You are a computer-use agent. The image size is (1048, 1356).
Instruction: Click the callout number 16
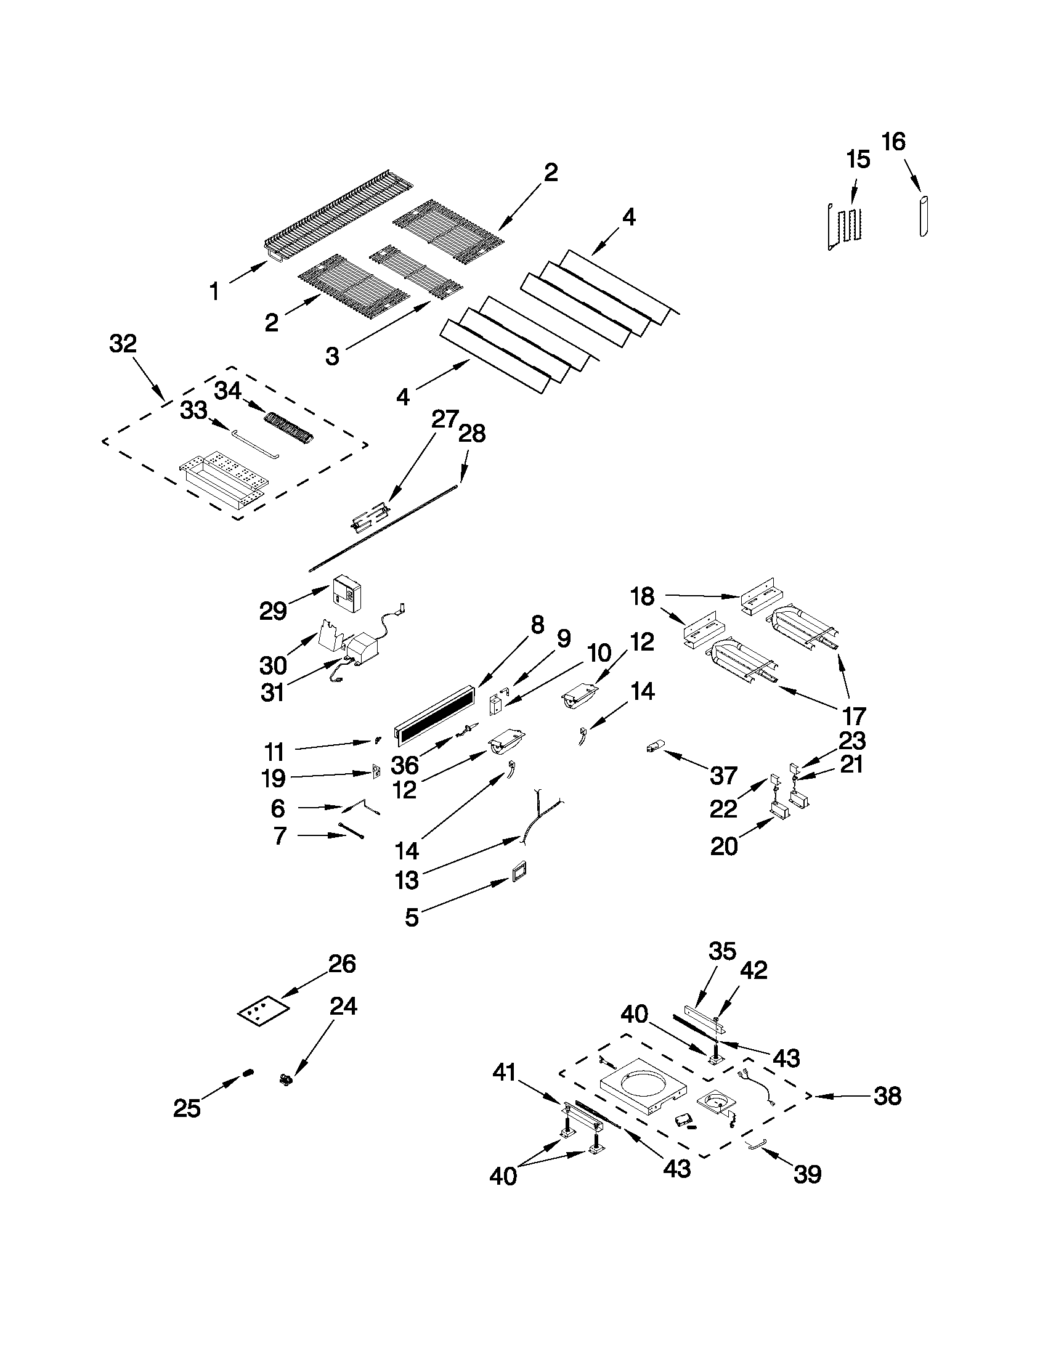click(893, 143)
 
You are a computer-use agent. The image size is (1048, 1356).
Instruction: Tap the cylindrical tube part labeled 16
click(924, 216)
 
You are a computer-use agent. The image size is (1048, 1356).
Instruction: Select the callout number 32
click(123, 343)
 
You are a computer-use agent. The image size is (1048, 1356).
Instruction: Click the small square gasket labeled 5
click(518, 871)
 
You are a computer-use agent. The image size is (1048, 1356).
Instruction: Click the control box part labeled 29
click(346, 590)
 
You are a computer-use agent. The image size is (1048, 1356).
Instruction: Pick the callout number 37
click(723, 775)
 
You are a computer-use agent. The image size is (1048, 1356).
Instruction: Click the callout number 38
click(887, 1097)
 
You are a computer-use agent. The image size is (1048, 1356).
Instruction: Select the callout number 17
click(854, 717)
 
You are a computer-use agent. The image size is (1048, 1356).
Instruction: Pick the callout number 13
click(407, 880)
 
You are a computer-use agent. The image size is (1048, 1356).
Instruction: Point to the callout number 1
click(214, 291)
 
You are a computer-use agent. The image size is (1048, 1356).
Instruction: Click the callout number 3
click(333, 356)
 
